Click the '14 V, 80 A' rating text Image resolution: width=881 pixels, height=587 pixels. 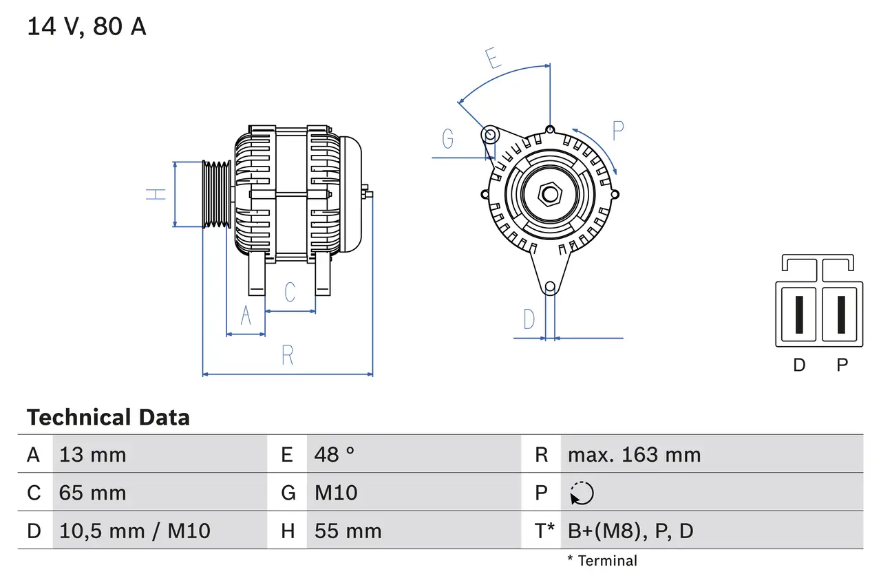click(87, 27)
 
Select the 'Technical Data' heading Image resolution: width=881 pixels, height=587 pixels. click(108, 417)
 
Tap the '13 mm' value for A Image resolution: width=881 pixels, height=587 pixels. click(93, 454)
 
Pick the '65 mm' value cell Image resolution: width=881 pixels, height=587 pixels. click(93, 493)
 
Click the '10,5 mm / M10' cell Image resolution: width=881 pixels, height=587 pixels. click(135, 531)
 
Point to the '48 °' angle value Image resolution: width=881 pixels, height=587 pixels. click(335, 454)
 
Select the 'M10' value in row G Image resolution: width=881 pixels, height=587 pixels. click(336, 493)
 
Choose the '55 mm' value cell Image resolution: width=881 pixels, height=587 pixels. click(348, 531)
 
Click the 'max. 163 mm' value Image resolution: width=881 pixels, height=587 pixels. click(634, 454)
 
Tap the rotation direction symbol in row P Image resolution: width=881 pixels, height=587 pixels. click(582, 493)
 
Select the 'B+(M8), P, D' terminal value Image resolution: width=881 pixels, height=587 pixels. click(630, 531)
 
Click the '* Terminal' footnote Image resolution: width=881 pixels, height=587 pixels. click(602, 561)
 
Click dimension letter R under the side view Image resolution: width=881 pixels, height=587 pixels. click(288, 355)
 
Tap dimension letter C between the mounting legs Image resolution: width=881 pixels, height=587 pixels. click(290, 292)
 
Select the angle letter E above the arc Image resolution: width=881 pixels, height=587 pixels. click(493, 59)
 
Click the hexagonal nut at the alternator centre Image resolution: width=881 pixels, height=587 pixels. click(549, 194)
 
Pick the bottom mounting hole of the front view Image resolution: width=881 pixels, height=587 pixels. click(549, 287)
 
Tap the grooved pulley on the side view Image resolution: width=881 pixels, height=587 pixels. click(216, 194)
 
